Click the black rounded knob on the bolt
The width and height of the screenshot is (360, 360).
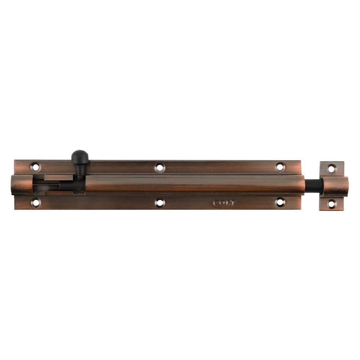pyautogui.click(x=80, y=157)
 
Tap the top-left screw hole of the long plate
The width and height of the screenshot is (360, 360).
pyautogui.click(x=35, y=167)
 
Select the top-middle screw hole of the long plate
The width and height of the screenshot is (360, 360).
pyautogui.click(x=160, y=167)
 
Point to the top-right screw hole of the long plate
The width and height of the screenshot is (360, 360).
pyautogui.click(x=280, y=167)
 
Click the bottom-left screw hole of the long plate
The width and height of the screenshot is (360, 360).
pyautogui.click(x=36, y=203)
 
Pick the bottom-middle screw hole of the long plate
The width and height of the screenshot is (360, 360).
pyautogui.click(x=160, y=203)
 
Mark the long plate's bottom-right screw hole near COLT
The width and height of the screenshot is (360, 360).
pyautogui.click(x=280, y=202)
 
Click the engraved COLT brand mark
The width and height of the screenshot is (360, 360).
pyautogui.click(x=225, y=203)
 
